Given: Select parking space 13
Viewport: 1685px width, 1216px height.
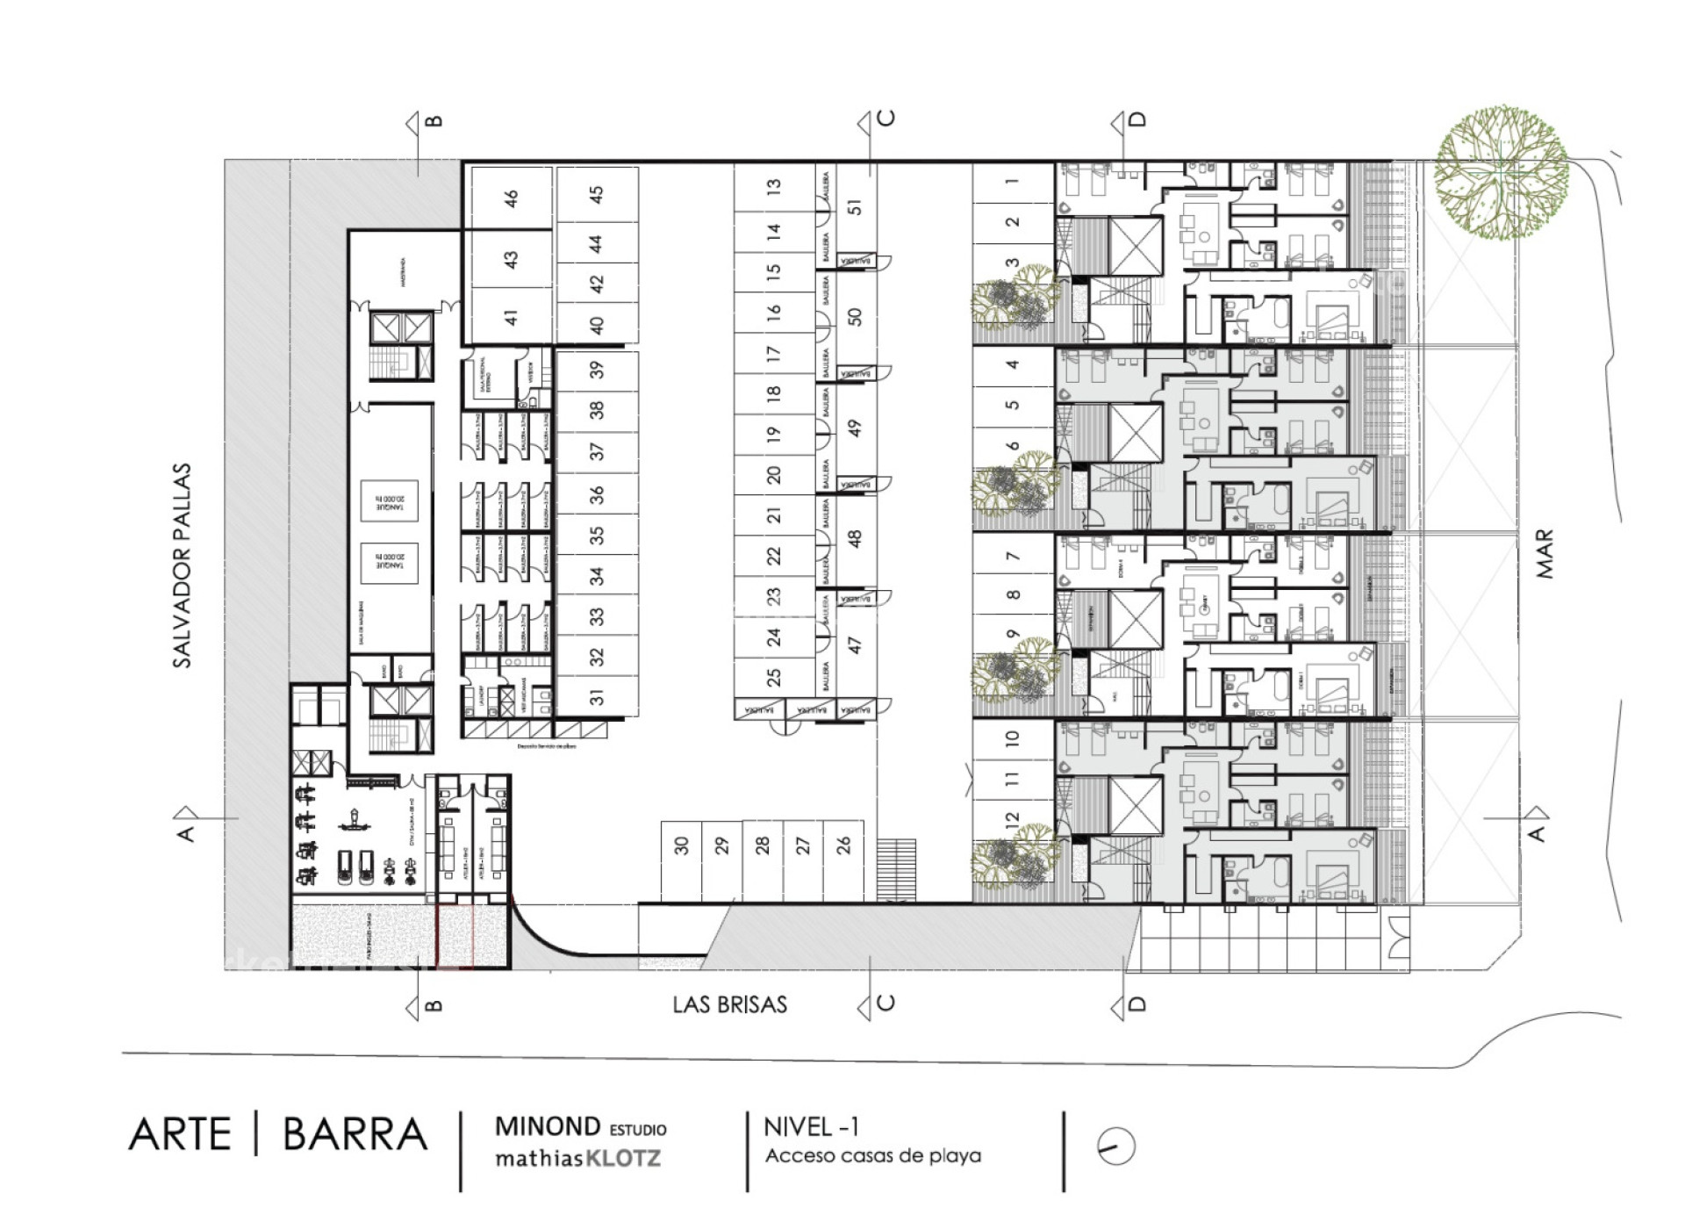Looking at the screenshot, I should (773, 187).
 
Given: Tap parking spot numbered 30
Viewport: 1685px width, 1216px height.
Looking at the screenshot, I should (682, 845).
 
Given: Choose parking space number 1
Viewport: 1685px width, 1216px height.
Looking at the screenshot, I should (1013, 182).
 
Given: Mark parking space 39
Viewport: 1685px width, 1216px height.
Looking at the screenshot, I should (597, 370).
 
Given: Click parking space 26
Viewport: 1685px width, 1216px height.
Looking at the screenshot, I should (843, 845).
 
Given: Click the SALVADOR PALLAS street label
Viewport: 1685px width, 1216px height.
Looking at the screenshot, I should (182, 565).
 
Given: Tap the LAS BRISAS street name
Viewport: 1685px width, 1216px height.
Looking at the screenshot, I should (729, 1004).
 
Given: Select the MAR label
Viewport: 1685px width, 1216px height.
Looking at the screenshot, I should (1545, 553).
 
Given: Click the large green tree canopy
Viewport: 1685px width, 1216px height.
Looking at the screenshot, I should (1501, 173).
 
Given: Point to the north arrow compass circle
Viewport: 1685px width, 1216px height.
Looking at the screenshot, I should (1116, 1146).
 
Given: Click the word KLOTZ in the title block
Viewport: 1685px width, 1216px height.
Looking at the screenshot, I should (623, 1159).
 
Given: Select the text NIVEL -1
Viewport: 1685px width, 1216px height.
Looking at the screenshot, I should (811, 1126).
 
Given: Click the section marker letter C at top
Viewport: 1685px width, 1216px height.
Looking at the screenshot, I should (886, 119).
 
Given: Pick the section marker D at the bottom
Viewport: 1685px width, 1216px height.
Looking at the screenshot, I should (1137, 1004).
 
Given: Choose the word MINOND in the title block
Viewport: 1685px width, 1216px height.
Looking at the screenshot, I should (548, 1126).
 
